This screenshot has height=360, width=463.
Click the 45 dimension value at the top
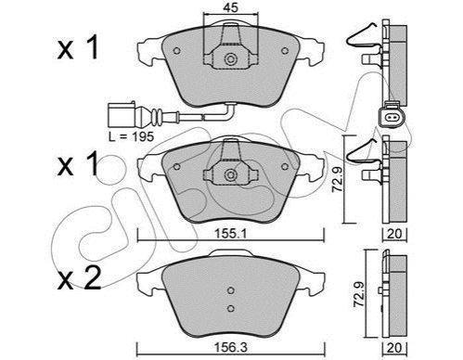[231, 8]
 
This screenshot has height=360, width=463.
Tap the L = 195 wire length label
[131, 136]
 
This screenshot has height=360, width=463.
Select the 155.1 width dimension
[231, 234]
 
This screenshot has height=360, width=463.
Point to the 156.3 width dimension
[231, 347]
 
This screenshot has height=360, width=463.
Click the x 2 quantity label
[79, 278]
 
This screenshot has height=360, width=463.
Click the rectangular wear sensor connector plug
[122, 115]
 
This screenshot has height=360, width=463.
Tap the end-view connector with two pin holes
[390, 117]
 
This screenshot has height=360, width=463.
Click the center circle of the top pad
[230, 59]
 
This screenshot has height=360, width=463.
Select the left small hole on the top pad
[177, 51]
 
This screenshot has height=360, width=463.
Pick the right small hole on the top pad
[285, 51]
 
